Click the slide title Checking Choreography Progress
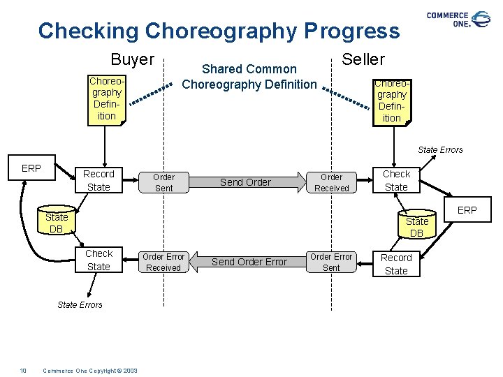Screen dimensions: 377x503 pos(219,31)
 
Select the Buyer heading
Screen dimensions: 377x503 pos(133,60)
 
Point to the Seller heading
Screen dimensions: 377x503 pos(363,59)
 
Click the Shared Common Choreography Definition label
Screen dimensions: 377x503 pos(249,77)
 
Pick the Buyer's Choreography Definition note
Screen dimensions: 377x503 pos(107,98)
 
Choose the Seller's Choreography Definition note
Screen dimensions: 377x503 pos(391,100)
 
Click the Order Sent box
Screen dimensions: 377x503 pos(163,182)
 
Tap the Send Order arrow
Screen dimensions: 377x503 pos(246,182)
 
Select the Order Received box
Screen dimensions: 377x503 pos(331,182)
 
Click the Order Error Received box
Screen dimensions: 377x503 pos(163,262)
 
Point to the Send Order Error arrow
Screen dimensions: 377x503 pos(249,262)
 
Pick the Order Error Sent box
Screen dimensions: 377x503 pos(331,262)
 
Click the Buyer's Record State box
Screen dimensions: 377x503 pos(99,180)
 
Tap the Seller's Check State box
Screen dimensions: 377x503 pos(396,180)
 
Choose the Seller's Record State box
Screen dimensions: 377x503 pos(396,264)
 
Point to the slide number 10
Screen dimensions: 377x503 pos(23,370)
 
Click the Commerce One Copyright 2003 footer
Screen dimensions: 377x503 pos(90,370)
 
